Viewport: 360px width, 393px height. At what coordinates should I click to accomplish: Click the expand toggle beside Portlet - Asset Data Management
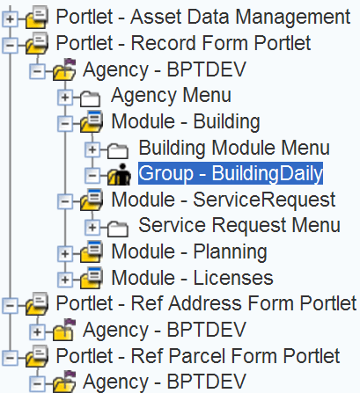coord(10,19)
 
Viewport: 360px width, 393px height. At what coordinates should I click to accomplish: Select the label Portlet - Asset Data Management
coord(203,17)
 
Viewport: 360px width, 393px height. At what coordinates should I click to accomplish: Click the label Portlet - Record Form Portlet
coord(183,43)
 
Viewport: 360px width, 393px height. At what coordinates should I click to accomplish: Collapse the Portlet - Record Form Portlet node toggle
coord(10,46)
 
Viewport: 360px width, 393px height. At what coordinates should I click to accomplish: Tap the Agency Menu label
coord(171,96)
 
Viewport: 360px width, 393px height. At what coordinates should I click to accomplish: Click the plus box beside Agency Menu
coord(65,98)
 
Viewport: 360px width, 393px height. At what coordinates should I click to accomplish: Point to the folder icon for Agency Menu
coord(90,98)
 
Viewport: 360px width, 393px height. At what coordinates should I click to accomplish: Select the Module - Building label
coord(186,121)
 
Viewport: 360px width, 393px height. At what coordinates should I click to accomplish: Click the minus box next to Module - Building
coord(65,124)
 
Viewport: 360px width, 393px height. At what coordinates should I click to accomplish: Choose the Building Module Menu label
coord(234,148)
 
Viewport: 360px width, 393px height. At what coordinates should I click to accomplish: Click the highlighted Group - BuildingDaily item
coord(231,173)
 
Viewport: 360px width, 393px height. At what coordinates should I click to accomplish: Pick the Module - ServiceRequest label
coord(224,200)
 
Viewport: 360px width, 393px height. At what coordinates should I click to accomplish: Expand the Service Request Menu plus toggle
coord(92,227)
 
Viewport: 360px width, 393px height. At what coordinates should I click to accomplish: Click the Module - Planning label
coord(189,251)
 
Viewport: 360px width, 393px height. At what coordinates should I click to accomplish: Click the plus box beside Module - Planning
coord(65,254)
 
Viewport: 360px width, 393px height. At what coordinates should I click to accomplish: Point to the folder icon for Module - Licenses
coord(92,277)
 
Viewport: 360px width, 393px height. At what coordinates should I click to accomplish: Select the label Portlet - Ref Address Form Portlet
coord(206,303)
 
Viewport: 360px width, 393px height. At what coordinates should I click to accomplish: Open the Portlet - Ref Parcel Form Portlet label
coord(198,356)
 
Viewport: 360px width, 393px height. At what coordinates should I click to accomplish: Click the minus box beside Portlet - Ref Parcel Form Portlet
coord(10,358)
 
